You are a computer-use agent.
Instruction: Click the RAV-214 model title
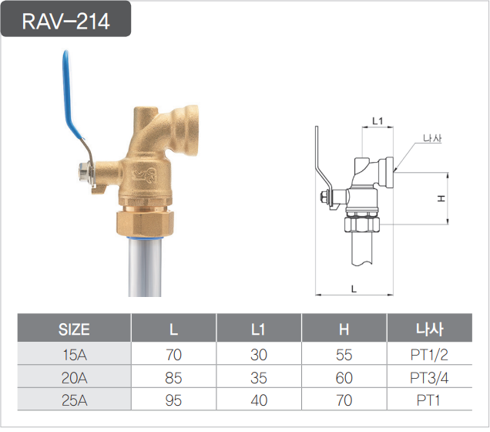coord(66,21)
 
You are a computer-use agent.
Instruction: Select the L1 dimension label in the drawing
coord(378,121)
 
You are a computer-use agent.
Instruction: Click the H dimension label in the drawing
coord(441,198)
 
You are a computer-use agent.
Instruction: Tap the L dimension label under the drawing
coord(353,288)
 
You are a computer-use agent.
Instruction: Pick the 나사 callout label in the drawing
coord(432,139)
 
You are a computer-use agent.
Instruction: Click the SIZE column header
coord(74,330)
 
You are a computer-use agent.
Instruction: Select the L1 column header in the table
coord(259,330)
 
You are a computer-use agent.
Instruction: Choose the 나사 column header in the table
coord(429,330)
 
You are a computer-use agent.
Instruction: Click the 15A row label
coord(74,356)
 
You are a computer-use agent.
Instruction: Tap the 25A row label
coord(74,400)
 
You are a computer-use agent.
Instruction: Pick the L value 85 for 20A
coord(174,378)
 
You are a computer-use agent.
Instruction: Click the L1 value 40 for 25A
coord(259,400)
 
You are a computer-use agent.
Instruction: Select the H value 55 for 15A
coord(344,356)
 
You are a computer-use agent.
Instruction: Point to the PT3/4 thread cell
coord(429,378)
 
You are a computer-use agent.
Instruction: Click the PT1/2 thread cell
coord(429,356)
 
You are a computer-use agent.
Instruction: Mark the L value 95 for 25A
coord(174,400)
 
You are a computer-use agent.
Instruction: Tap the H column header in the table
coord(344,330)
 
